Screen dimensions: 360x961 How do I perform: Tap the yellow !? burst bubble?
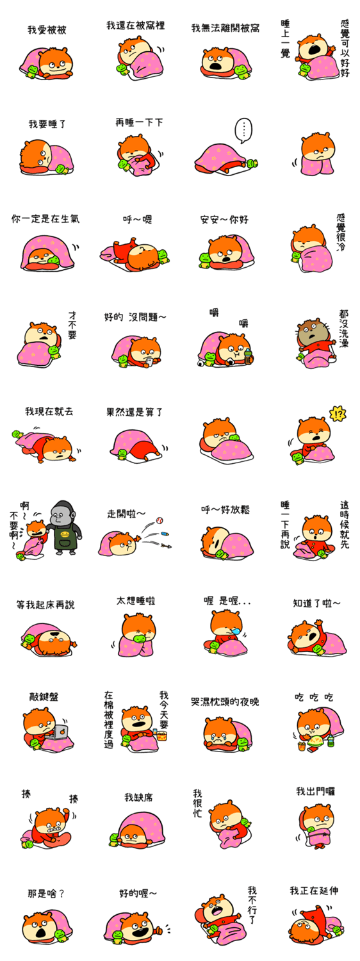(x=338, y=414)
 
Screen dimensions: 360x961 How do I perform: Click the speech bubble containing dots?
(x=243, y=131)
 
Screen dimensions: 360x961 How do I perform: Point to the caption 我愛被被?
(x=47, y=29)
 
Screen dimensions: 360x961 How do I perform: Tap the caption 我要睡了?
(x=47, y=124)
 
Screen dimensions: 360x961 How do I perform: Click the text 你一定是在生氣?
(x=45, y=219)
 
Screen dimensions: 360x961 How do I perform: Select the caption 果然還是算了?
(x=135, y=413)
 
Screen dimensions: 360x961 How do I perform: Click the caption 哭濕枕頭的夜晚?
(x=225, y=702)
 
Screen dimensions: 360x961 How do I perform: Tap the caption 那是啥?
(x=46, y=894)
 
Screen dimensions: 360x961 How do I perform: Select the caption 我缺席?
(x=138, y=797)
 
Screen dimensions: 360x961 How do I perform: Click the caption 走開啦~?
(x=126, y=514)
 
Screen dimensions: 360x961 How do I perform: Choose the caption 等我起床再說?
(x=45, y=605)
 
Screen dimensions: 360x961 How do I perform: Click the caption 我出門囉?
(x=316, y=791)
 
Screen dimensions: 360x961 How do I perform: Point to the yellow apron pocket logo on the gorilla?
(x=64, y=534)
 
